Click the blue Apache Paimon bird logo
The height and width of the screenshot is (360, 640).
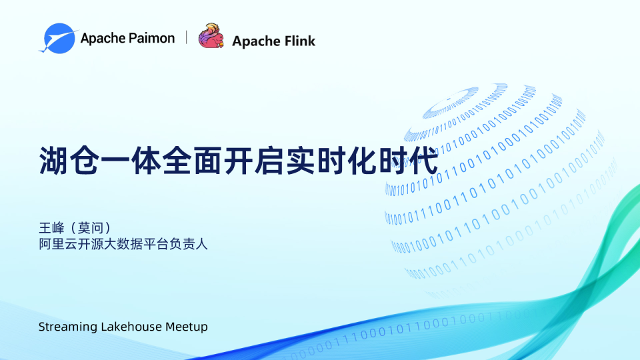pyautogui.click(x=57, y=38)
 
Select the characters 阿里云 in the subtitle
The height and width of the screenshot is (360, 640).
pyautogui.click(x=57, y=244)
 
